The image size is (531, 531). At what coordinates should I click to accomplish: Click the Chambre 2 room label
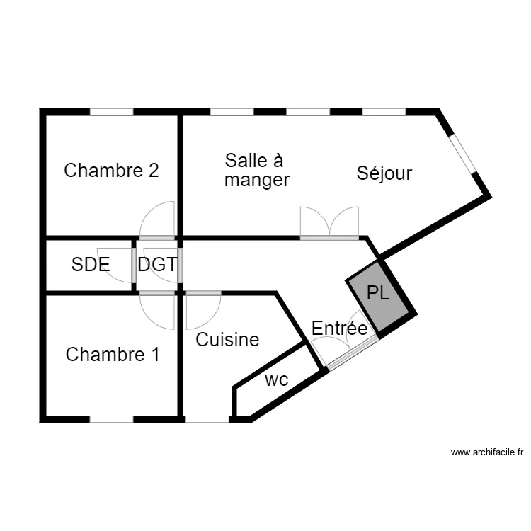coord(111,171)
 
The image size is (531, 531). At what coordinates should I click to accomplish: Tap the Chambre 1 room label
coord(113,355)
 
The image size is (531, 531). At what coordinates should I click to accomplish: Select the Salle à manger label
coord(257,170)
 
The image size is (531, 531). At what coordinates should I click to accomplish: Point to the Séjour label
coord(384,173)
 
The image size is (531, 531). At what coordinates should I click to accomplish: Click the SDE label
coord(91,265)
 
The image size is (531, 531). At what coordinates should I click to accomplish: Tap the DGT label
coord(157,265)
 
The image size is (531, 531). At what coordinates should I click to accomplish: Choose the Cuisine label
coord(227,340)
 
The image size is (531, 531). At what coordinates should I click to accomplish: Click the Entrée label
coord(340,329)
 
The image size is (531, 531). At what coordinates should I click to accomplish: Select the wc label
coord(277,379)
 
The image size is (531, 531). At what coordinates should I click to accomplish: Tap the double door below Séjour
coord(329,222)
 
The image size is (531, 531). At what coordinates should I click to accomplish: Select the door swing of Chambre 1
coord(157,310)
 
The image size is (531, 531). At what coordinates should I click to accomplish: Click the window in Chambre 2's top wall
coord(111,112)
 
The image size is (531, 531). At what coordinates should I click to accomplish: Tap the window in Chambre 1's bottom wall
coord(111,418)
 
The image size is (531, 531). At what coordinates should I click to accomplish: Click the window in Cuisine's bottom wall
coord(207,418)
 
